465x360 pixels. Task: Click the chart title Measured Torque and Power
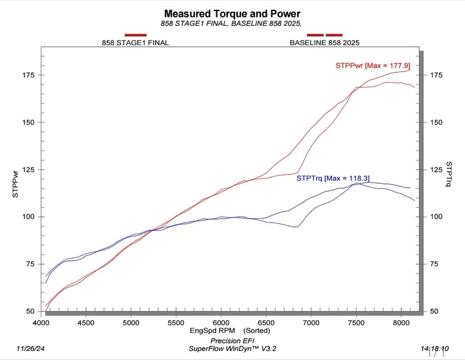232,13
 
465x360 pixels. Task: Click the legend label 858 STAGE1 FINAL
136,43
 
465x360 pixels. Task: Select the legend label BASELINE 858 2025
324,43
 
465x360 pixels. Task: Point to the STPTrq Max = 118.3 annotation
333,178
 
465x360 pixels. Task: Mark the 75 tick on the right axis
436,265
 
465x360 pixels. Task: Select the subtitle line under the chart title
232,23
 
